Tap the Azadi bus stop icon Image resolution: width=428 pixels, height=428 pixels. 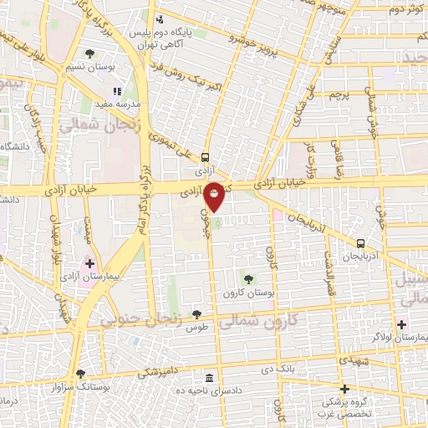pyautogui.click(x=206, y=155)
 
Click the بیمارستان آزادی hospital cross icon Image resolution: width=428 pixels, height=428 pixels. pyautogui.click(x=89, y=263)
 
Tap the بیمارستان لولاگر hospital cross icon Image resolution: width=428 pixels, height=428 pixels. pyautogui.click(x=402, y=324)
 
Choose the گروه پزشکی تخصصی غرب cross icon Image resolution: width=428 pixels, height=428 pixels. pyautogui.click(x=344, y=388)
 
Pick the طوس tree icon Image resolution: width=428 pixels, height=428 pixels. pyautogui.click(x=196, y=314)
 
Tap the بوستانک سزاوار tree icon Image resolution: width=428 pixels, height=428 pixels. pyautogui.click(x=80, y=374)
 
